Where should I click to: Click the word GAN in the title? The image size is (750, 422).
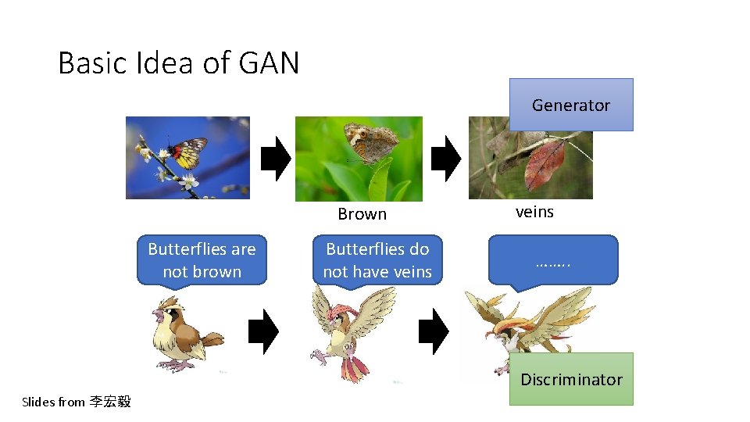(x=270, y=63)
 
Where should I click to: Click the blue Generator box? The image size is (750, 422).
(x=571, y=105)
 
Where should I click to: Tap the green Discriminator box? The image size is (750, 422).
(x=571, y=379)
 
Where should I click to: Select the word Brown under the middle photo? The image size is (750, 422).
(x=362, y=214)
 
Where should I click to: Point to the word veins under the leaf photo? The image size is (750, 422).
(x=534, y=212)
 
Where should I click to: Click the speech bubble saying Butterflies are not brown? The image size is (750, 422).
(x=202, y=260)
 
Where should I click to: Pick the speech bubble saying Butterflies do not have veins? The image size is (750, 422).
(x=377, y=260)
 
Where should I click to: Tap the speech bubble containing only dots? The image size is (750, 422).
(x=553, y=260)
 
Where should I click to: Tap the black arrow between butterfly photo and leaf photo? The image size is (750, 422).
(x=446, y=159)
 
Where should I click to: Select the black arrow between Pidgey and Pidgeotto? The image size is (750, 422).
(x=263, y=332)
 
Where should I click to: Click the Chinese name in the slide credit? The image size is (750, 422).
(x=110, y=402)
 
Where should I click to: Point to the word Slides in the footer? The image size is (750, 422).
(x=37, y=402)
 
